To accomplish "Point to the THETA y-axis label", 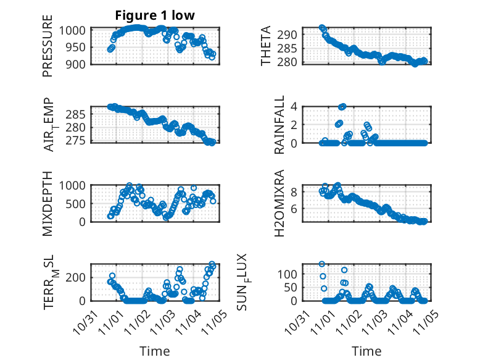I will pos(266,46).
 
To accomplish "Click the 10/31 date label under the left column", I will pos(81,321).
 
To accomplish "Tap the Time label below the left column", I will pos(155,351).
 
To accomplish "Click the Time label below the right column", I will pos(366,351).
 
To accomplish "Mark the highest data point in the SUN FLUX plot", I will pos(322,264).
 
